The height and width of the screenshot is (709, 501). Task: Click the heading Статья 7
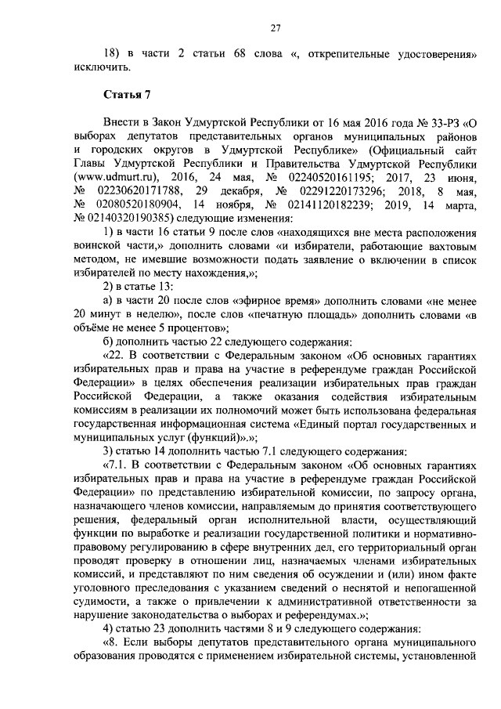coord(124,96)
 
